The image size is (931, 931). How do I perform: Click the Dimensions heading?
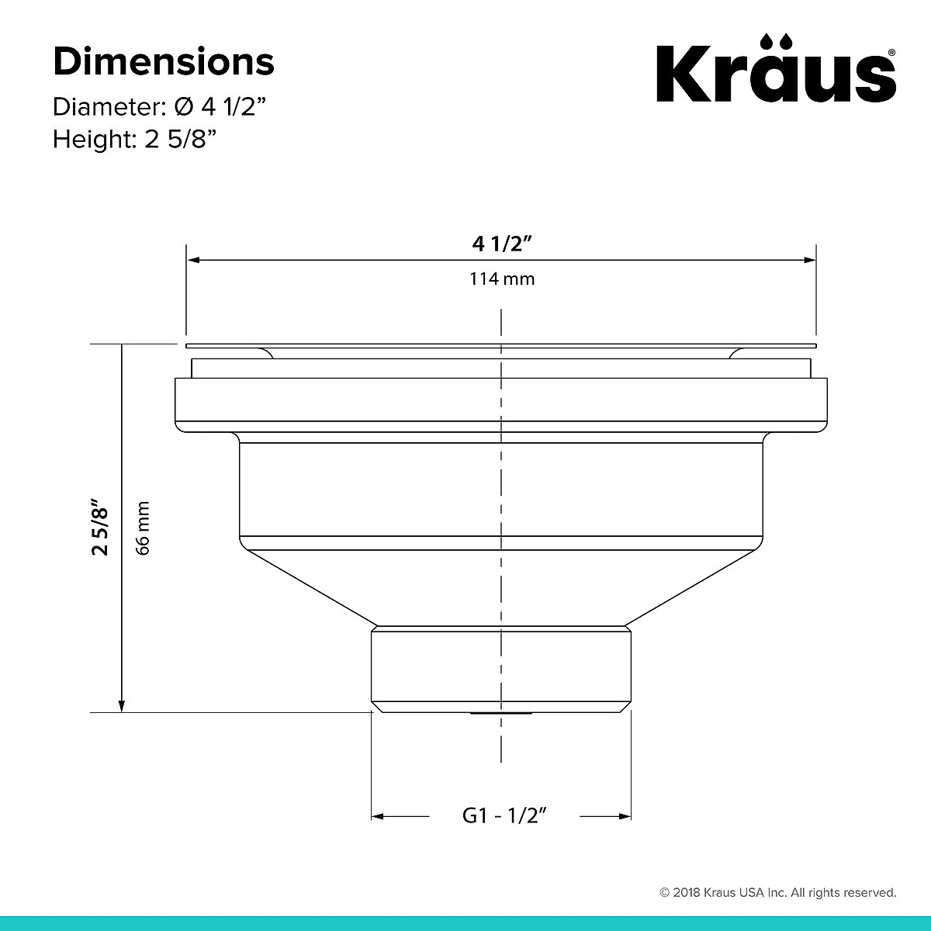tap(163, 62)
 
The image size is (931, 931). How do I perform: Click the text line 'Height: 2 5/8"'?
tap(134, 140)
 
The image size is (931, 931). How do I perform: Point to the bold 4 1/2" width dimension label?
tap(502, 244)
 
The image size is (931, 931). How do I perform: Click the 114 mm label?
tap(502, 279)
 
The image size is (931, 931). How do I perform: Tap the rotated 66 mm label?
tap(142, 528)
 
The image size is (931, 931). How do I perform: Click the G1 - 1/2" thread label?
tap(505, 815)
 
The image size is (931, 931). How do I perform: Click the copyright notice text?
tap(777, 892)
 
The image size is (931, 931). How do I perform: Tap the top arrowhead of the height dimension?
tap(121, 350)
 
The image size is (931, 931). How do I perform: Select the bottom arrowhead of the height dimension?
tap(121, 705)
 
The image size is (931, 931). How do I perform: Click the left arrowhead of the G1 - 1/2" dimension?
tap(379, 816)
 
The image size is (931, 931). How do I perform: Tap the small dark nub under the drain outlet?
tap(501, 712)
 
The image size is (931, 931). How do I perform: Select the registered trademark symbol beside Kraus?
tap(892, 53)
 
